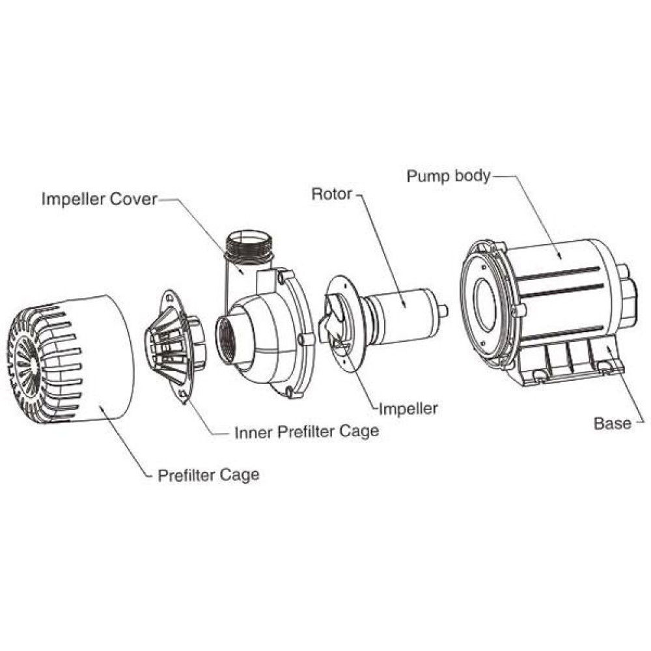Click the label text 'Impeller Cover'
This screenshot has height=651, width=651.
[x=99, y=199]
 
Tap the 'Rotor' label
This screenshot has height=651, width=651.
[x=331, y=194]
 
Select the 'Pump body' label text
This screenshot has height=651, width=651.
[x=448, y=176]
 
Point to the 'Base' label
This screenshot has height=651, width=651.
[x=613, y=423]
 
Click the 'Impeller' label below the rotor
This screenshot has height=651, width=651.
[x=408, y=409]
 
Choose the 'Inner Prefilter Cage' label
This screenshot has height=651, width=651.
[x=306, y=432]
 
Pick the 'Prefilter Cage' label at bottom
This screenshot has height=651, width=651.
[x=208, y=475]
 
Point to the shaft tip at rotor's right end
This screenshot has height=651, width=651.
[x=443, y=311]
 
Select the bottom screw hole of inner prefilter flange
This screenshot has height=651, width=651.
[x=185, y=395]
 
